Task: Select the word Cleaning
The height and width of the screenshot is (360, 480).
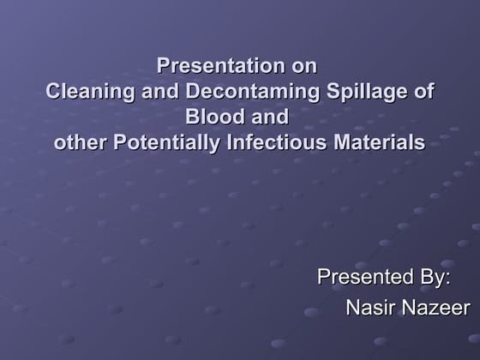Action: coord(87,91)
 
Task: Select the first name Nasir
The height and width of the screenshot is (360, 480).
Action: coord(370,309)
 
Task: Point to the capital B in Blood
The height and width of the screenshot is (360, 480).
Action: coord(192,117)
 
